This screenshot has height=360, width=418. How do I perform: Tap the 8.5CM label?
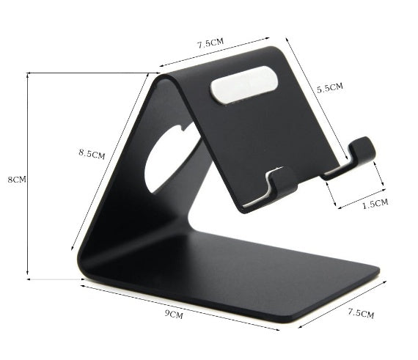pyautogui.click(x=92, y=154)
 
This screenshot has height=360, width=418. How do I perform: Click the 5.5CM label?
pyautogui.click(x=329, y=88)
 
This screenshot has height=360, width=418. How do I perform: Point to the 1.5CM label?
pyautogui.click(x=375, y=204)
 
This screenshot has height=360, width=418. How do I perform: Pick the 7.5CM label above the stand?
pyautogui.click(x=210, y=43)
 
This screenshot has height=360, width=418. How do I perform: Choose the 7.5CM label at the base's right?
pyautogui.click(x=360, y=314)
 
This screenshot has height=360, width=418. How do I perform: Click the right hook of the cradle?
pyautogui.click(x=361, y=153)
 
